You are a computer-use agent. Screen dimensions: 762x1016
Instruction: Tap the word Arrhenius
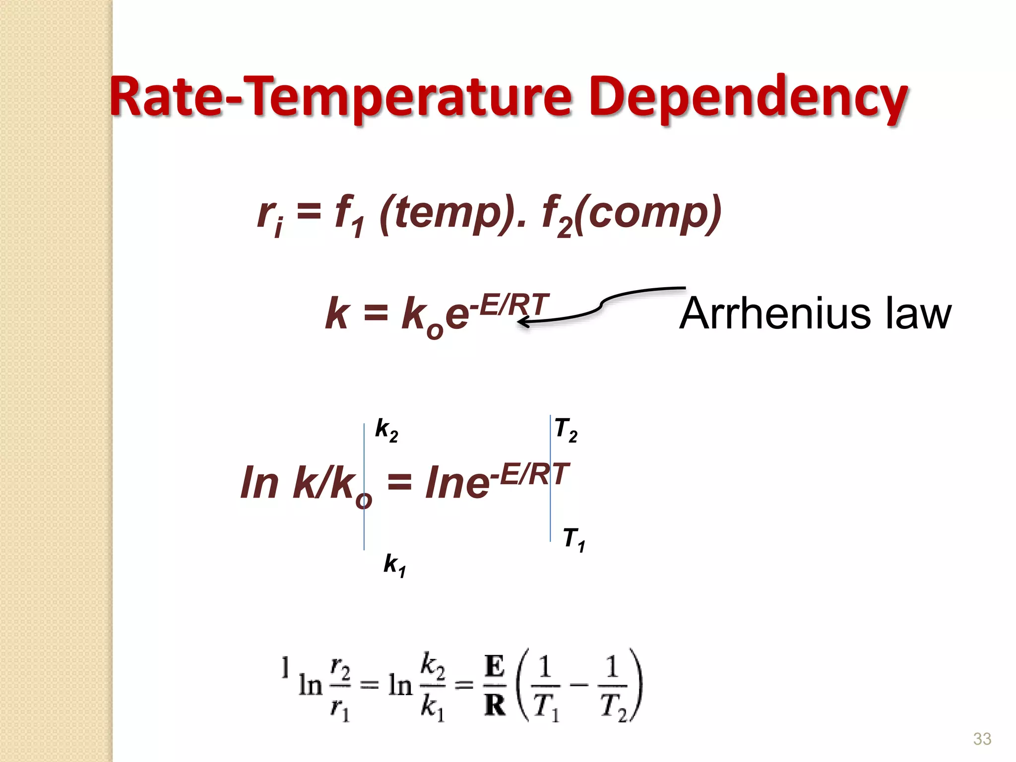(x=774, y=314)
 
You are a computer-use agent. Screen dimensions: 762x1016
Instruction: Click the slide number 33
(x=982, y=739)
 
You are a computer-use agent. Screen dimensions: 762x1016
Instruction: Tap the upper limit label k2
(x=386, y=430)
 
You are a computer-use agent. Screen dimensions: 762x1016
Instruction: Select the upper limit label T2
(x=566, y=430)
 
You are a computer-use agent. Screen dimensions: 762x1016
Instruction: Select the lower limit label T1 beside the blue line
(x=574, y=539)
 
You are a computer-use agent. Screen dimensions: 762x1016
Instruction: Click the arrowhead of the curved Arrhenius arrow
(x=522, y=322)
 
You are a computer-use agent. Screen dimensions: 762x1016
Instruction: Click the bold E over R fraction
(x=495, y=686)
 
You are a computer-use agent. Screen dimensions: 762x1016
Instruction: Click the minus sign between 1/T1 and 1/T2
(x=579, y=686)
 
